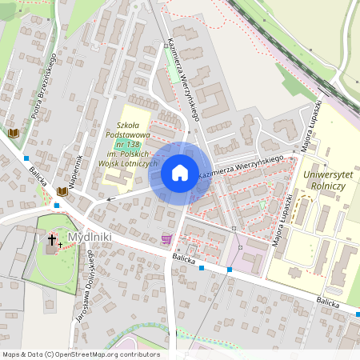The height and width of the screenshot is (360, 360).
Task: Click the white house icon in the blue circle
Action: pyautogui.click(x=180, y=173)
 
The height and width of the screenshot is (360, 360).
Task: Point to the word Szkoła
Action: pyautogui.click(x=133, y=125)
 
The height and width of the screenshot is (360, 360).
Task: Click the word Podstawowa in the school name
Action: pyautogui.click(x=133, y=134)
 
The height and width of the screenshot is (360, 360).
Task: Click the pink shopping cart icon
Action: pyautogui.click(x=166, y=238)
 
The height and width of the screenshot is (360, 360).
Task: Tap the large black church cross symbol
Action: pyautogui.click(x=52, y=239)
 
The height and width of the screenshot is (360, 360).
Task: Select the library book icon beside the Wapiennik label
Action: pyautogui.click(x=62, y=192)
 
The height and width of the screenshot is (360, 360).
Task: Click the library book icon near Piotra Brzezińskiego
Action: pyautogui.click(x=13, y=132)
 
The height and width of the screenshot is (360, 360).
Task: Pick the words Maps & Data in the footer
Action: pyautogui.click(x=22, y=354)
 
